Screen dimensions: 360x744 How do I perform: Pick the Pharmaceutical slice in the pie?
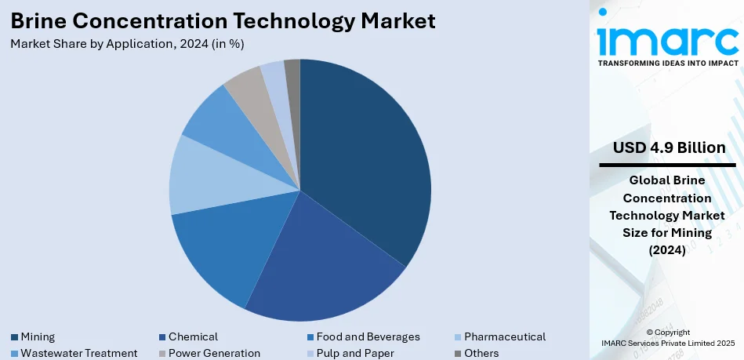(208, 176)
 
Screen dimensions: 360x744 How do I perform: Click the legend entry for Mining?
(38, 336)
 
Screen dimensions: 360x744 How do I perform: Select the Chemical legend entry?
(192, 336)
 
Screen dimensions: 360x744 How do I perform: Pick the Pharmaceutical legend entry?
(504, 336)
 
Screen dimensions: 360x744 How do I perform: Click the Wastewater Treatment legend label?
(78, 353)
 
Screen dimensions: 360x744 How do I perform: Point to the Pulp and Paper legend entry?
(355, 353)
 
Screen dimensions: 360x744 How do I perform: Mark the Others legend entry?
(481, 353)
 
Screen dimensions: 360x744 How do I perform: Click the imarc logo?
(666, 37)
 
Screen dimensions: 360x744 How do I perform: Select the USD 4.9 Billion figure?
(669, 148)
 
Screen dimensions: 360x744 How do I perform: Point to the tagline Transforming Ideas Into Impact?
(667, 62)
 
